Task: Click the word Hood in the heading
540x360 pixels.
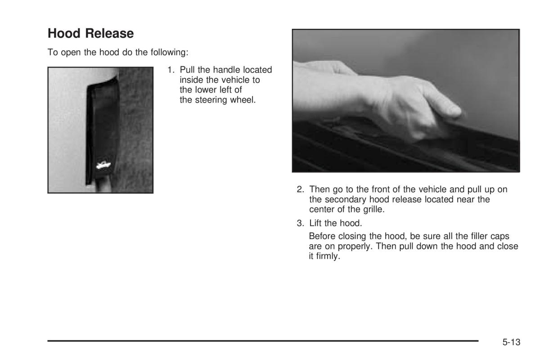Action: click(64, 33)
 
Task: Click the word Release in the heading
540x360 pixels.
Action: click(109, 33)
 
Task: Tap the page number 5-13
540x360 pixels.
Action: click(511, 342)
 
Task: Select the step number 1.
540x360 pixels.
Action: click(171, 70)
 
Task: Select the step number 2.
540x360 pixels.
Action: click(300, 189)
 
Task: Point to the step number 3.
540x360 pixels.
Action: click(300, 223)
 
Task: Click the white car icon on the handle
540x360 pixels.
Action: click(103, 165)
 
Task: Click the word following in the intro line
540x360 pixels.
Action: click(170, 52)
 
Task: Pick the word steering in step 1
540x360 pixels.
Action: click(211, 100)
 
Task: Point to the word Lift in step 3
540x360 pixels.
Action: click(315, 223)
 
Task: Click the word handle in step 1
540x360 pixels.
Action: click(227, 70)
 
